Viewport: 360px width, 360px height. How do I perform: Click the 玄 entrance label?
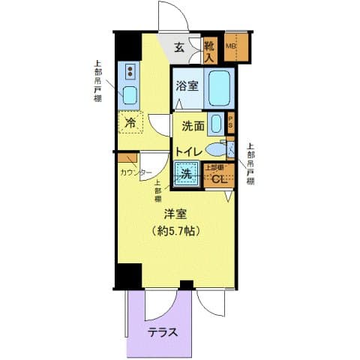pos(180,48)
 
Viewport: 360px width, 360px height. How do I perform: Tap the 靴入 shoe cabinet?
pos(211,49)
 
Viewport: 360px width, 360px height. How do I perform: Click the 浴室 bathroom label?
pos(187,86)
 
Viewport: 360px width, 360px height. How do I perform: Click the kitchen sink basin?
pos(130,95)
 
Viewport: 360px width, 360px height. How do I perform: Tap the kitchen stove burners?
pos(130,72)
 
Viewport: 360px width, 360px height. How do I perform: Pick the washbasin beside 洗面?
pos(216,124)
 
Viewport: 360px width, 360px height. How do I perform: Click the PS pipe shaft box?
pos(231,122)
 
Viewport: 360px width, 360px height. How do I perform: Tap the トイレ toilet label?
pos(187,151)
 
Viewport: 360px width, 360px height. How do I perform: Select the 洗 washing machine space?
pos(184,175)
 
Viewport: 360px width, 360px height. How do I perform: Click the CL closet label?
pos(218,178)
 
